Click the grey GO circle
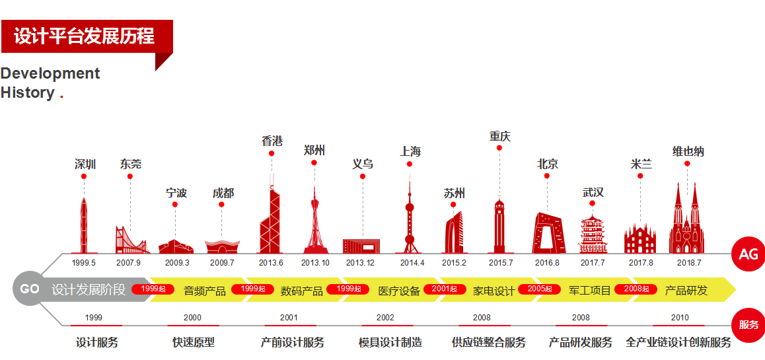29,289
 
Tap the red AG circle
748,254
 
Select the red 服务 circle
748,325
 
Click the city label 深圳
85,164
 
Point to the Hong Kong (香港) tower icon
270,218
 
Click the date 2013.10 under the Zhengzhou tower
315,262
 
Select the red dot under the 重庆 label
499,148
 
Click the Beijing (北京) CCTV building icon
548,233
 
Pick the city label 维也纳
688,151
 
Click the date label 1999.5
84,262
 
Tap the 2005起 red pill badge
539,289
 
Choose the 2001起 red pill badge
444,289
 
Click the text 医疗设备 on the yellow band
399,291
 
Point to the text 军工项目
590,291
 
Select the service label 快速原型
194,342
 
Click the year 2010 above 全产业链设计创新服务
680,318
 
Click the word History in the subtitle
28,92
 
